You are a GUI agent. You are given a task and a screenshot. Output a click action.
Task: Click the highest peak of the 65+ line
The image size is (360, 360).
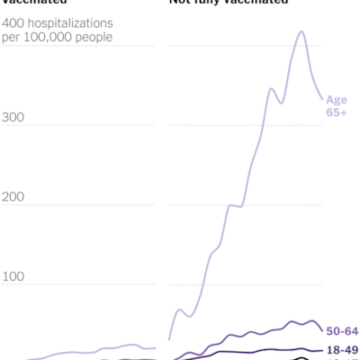click(x=301, y=32)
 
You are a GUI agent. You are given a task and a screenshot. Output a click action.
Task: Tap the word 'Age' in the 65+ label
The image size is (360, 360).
click(x=336, y=99)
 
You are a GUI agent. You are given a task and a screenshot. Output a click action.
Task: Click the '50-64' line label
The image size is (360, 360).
click(x=342, y=331)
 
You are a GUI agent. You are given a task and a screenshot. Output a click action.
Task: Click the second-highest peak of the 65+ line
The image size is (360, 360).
click(x=272, y=88)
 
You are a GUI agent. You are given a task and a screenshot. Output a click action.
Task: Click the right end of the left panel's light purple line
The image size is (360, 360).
click(x=156, y=348)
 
